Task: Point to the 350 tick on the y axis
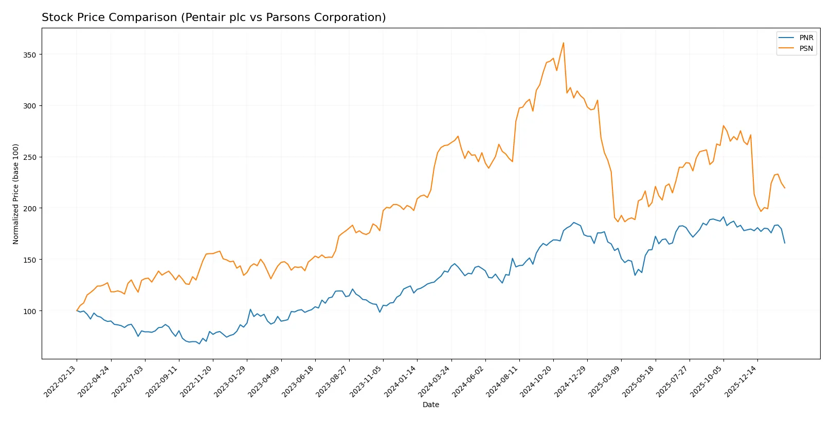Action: (30, 54)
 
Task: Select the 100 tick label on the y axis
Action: (30, 311)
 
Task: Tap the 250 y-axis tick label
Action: (30, 157)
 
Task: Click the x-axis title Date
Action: (430, 405)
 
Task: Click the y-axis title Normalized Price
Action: (16, 194)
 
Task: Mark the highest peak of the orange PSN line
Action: (564, 43)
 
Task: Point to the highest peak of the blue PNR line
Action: (723, 216)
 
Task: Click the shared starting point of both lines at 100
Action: (77, 311)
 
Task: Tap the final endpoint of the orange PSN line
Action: (785, 188)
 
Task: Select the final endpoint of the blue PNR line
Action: (785, 243)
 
